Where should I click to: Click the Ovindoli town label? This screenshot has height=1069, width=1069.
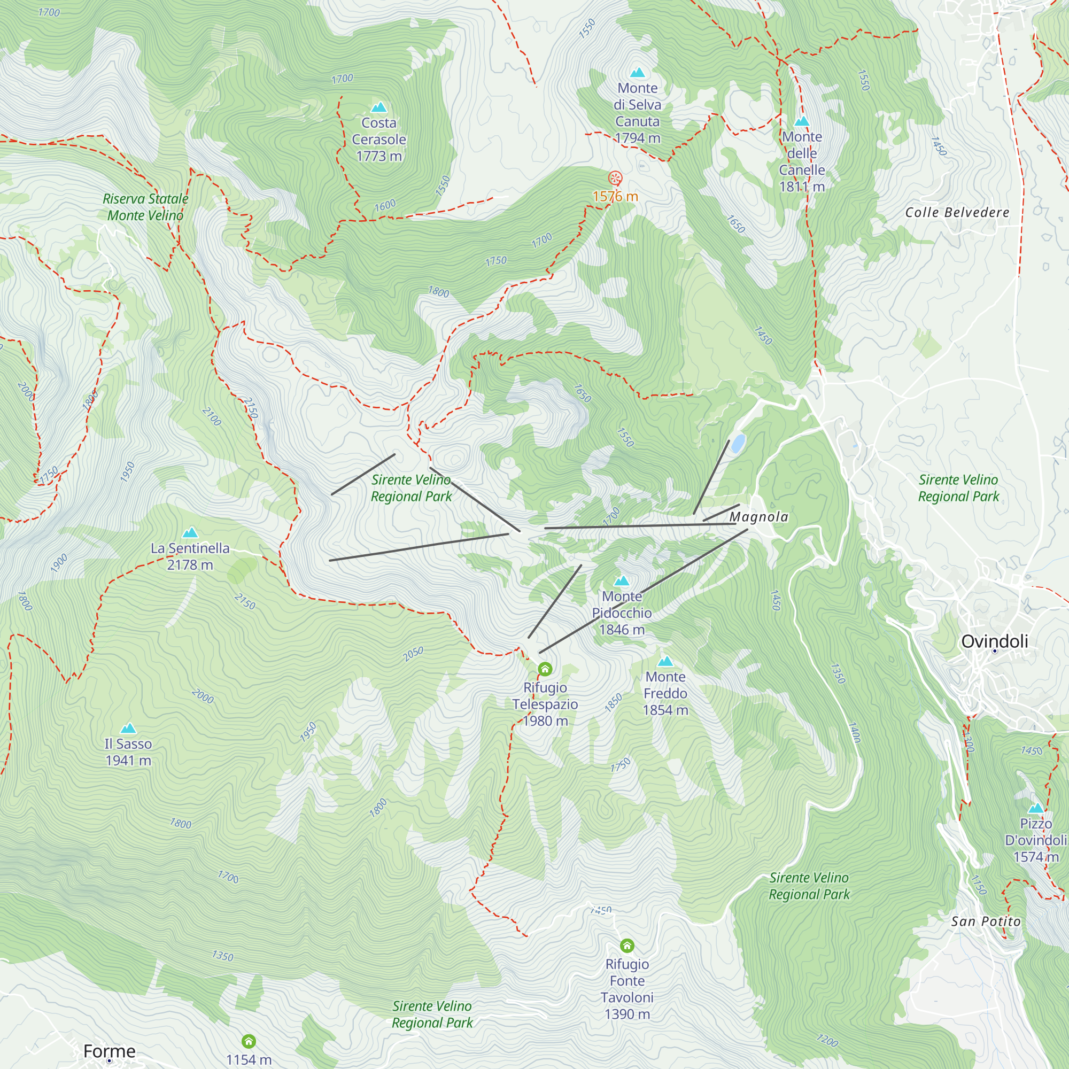pos(994,641)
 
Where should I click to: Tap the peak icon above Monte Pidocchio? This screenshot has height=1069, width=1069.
pos(622,581)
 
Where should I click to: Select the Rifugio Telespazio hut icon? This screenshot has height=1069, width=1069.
pos(545,670)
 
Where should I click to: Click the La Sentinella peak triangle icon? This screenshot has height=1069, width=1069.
pos(190,533)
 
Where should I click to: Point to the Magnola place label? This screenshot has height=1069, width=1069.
pos(758,517)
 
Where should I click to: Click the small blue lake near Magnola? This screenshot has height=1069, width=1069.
pos(738,443)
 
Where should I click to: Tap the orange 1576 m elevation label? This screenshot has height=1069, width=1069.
pos(615,196)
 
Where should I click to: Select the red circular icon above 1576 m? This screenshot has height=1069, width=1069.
pos(615,178)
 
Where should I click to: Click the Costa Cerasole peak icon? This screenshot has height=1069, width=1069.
pos(378,107)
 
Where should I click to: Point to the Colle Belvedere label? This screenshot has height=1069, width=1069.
pos(957,213)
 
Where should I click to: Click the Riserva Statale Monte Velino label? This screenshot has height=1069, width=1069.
pos(145,207)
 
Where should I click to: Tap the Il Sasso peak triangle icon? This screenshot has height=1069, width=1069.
pos(128,728)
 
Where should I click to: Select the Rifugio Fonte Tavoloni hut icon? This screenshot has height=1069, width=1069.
pos(626,945)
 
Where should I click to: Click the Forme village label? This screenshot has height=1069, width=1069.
pos(109,1051)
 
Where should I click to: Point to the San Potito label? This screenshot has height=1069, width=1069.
pos(986,921)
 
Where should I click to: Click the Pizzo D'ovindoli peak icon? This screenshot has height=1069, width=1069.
pos(1035,808)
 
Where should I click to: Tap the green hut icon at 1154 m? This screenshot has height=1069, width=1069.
pos(249,1041)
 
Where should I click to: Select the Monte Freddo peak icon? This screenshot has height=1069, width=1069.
pos(665,661)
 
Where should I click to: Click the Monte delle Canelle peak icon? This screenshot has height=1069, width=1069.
pos(801,121)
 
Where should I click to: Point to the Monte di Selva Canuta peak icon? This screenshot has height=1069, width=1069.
pos(638,73)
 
